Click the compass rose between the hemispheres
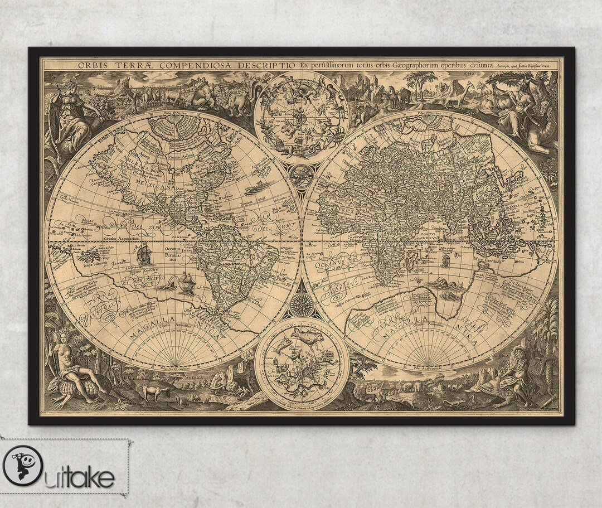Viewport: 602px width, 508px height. pos(301,304)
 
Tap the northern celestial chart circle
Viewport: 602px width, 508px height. pos(301,117)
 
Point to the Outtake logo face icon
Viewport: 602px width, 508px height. pos(22,465)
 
